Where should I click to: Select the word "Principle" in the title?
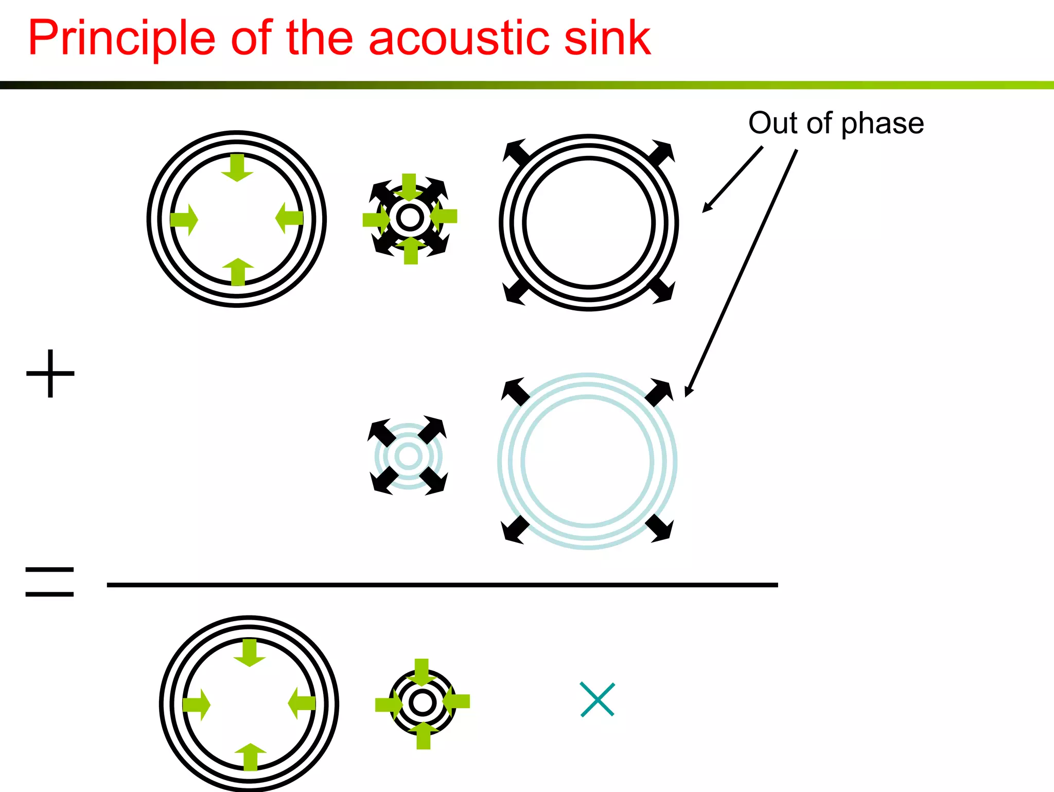coord(121,39)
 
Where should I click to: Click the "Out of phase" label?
coord(836,124)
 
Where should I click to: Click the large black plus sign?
coord(50,374)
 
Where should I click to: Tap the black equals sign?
coord(49,582)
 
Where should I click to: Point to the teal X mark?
coord(597,699)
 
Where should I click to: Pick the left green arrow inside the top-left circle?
coord(184,220)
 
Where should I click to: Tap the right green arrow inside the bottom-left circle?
coord(302,703)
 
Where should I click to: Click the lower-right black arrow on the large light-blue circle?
coord(659,528)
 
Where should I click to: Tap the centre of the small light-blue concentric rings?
coord(409,456)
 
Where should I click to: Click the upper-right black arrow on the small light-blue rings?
coord(432,430)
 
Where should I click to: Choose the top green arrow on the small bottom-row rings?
coord(421,672)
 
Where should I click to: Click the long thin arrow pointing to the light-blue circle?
coord(741,273)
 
